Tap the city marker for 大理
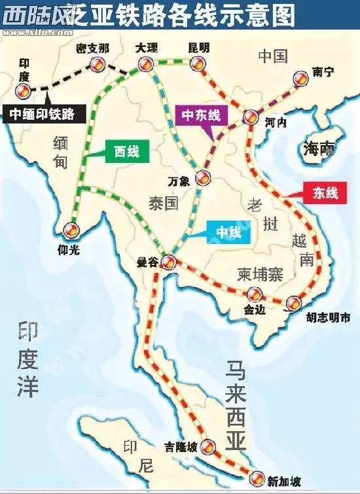(x=144, y=63)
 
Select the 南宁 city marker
(x=300, y=78)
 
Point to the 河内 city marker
(x=250, y=117)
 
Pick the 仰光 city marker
(x=71, y=229)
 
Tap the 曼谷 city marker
(x=168, y=263)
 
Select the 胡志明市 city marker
(x=294, y=302)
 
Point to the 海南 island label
(x=318, y=149)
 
